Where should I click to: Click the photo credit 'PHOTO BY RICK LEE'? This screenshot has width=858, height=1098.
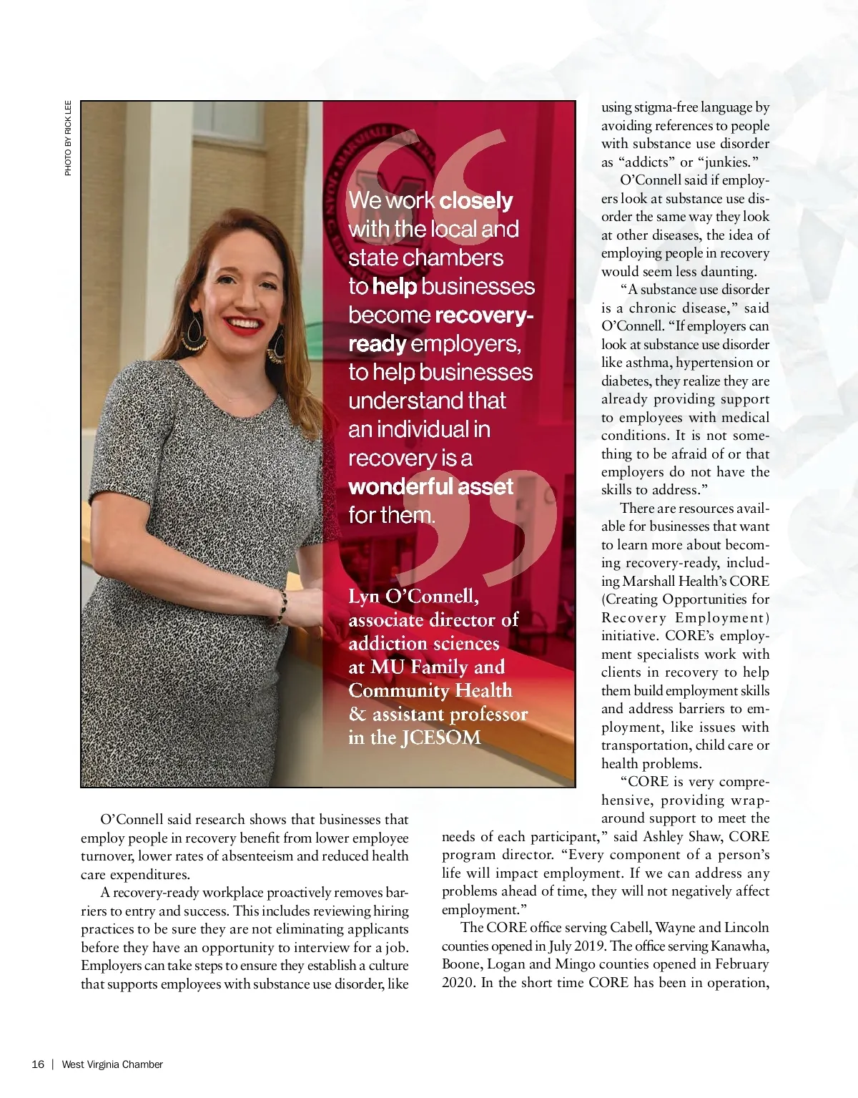coord(68,137)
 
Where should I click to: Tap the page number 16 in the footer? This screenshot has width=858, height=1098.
coord(38,1064)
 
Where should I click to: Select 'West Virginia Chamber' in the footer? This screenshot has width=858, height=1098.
coord(112,1064)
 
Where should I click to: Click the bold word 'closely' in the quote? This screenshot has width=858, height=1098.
coord(475,201)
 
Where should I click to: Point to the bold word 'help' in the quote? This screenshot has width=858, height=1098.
coord(394,287)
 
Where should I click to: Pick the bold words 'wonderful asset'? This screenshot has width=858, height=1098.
coord(430,487)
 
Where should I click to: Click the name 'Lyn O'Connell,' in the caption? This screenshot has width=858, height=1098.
coord(413,596)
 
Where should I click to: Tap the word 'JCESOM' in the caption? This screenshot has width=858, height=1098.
coord(441,738)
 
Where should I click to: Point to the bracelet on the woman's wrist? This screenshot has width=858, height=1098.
coord(282,608)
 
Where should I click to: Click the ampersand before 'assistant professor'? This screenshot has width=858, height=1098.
coord(357,715)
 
